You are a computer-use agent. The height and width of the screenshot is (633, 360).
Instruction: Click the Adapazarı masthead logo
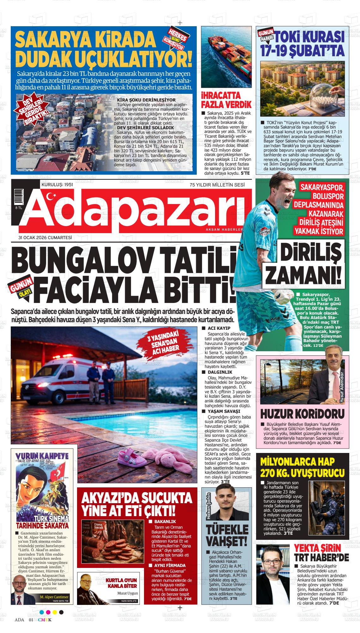tap(133, 210)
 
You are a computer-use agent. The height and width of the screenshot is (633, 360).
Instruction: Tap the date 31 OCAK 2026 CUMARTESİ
tap(45, 238)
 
